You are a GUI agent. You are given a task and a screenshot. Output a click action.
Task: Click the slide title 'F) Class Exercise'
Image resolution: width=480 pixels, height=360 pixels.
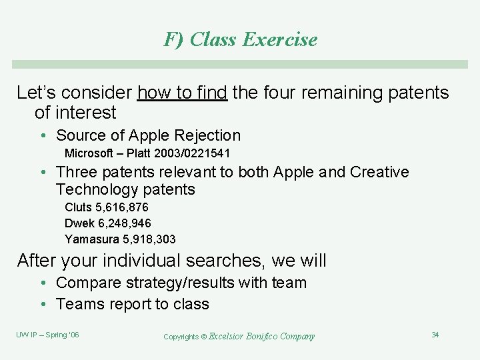tap(240, 39)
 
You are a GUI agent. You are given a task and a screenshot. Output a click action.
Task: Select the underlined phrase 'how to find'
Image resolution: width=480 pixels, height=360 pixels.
tap(182, 93)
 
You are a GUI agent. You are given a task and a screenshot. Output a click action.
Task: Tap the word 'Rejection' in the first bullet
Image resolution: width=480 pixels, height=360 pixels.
tap(207, 135)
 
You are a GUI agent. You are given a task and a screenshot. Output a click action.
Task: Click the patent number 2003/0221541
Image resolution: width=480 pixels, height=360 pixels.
tap(194, 154)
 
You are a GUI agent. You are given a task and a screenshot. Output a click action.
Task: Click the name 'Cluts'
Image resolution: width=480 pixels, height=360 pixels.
tap(78, 207)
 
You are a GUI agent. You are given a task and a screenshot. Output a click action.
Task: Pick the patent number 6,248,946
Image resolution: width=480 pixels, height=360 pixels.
tap(125, 223)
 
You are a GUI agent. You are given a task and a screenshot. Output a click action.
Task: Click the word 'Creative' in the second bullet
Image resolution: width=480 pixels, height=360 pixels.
tap(377, 172)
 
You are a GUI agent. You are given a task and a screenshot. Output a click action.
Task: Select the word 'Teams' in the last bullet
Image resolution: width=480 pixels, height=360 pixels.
tap(80, 304)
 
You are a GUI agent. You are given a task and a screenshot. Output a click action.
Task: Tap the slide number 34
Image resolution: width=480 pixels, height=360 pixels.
tap(435, 335)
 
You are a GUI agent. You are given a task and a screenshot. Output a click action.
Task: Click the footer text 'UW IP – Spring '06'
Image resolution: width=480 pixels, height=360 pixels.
tap(47, 335)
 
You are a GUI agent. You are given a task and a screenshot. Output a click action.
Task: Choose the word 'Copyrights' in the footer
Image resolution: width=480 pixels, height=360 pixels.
tap(181, 337)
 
